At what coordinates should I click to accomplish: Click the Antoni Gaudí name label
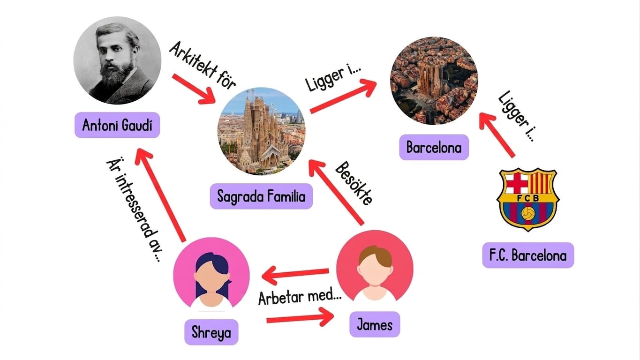(117, 125)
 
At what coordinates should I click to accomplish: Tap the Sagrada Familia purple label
(261, 196)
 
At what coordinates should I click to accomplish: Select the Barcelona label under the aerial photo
(434, 147)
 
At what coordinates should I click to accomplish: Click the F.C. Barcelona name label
(528, 255)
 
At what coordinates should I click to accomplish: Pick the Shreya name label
(211, 332)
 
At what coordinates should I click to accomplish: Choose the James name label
(375, 324)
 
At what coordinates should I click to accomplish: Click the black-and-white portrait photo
(117, 60)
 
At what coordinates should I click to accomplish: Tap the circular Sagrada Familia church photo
(262, 131)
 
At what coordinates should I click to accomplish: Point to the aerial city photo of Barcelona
(434, 81)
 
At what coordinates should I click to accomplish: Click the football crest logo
(528, 199)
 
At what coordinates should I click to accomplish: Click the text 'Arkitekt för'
(202, 66)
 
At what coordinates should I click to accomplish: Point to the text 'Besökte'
(354, 183)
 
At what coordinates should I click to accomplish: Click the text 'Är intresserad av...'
(134, 210)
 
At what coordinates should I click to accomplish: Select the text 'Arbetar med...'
(300, 297)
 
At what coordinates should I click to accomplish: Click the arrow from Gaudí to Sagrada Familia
(194, 89)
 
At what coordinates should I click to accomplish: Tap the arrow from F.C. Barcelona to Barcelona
(497, 135)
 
